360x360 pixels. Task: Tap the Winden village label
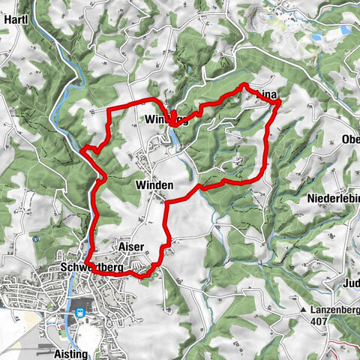tap(154, 184)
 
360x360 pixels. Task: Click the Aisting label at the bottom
tap(72, 353)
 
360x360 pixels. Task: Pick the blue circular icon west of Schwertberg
tap(35, 238)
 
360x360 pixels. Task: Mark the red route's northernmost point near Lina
tap(245, 85)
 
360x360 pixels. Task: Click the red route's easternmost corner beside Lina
tap(280, 104)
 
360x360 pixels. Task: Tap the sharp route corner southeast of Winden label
tap(166, 201)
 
